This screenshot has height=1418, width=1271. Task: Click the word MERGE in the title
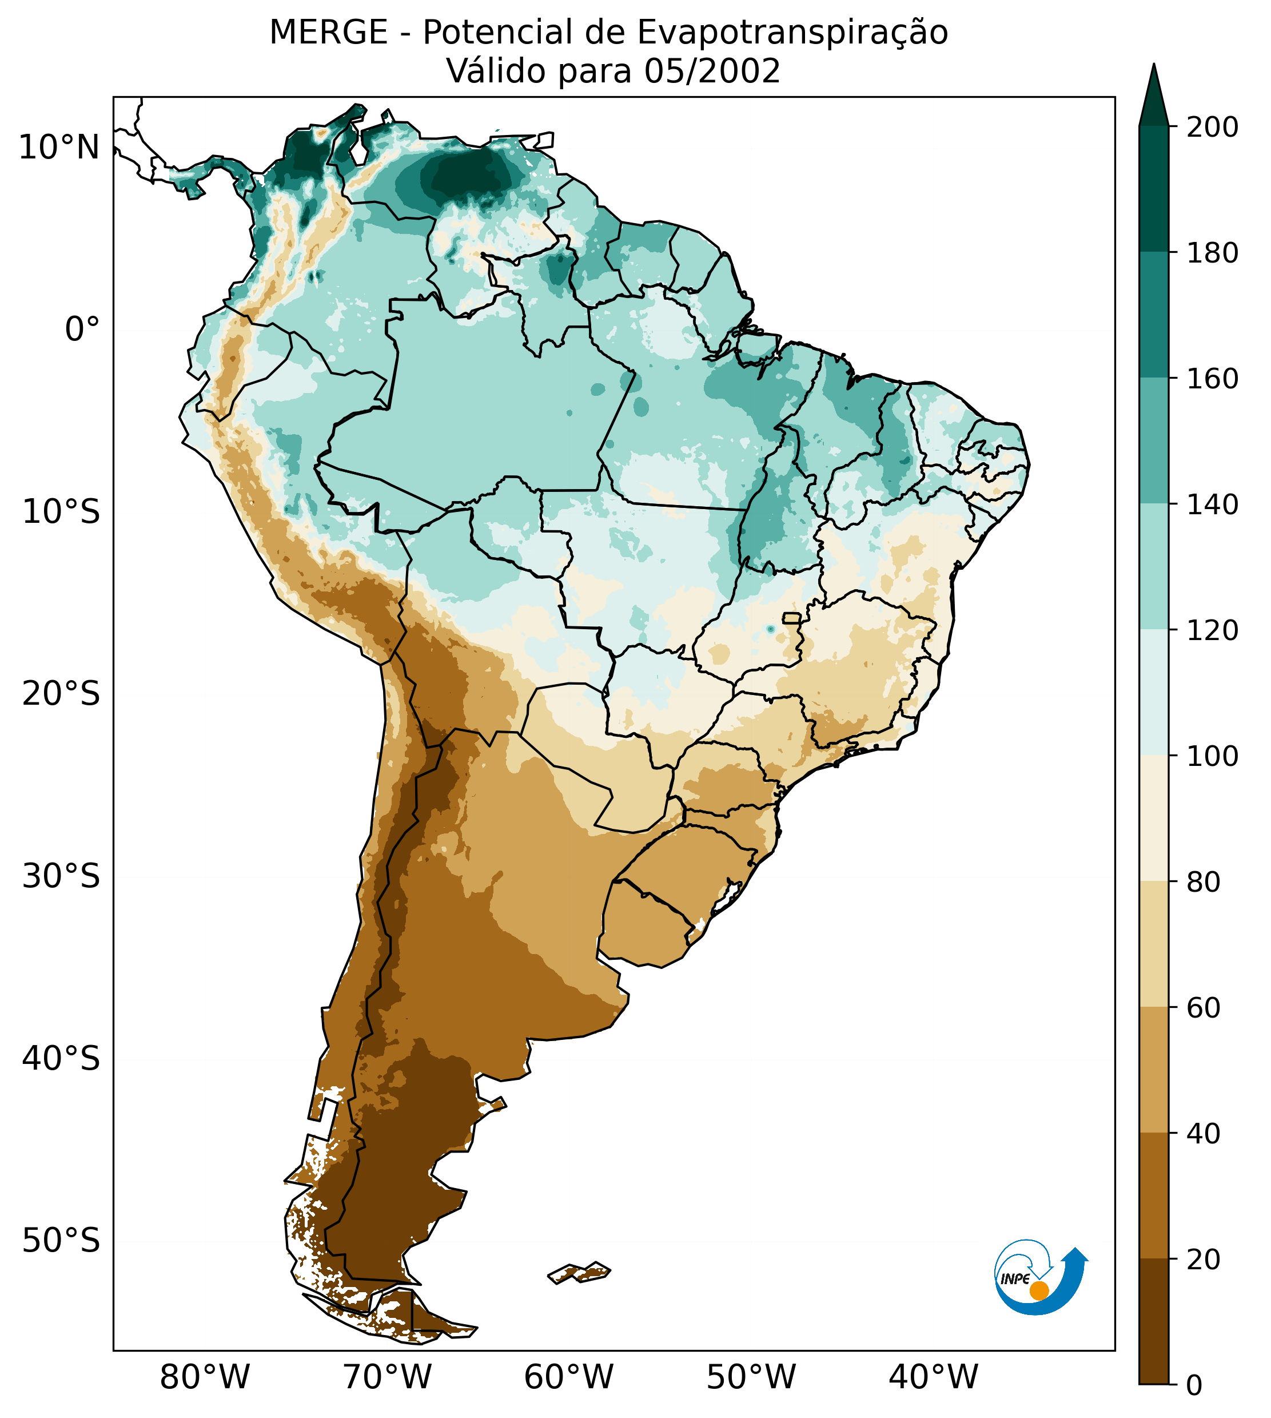coord(328,33)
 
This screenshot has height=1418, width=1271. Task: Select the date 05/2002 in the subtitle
coord(712,72)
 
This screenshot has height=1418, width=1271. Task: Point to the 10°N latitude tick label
coord(59,148)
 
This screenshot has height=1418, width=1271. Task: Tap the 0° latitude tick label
coord(82,329)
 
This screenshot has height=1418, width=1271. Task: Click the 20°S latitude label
coord(61,694)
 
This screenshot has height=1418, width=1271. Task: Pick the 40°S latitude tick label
coord(61,1059)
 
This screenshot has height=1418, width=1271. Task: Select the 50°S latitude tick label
coord(61,1241)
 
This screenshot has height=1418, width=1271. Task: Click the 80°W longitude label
coord(205,1377)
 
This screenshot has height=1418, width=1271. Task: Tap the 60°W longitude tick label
coord(569,1377)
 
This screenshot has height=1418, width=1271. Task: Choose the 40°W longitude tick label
coord(934,1377)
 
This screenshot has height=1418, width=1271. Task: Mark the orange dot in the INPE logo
coord(1039,1290)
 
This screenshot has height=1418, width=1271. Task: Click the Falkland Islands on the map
coord(580,1272)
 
